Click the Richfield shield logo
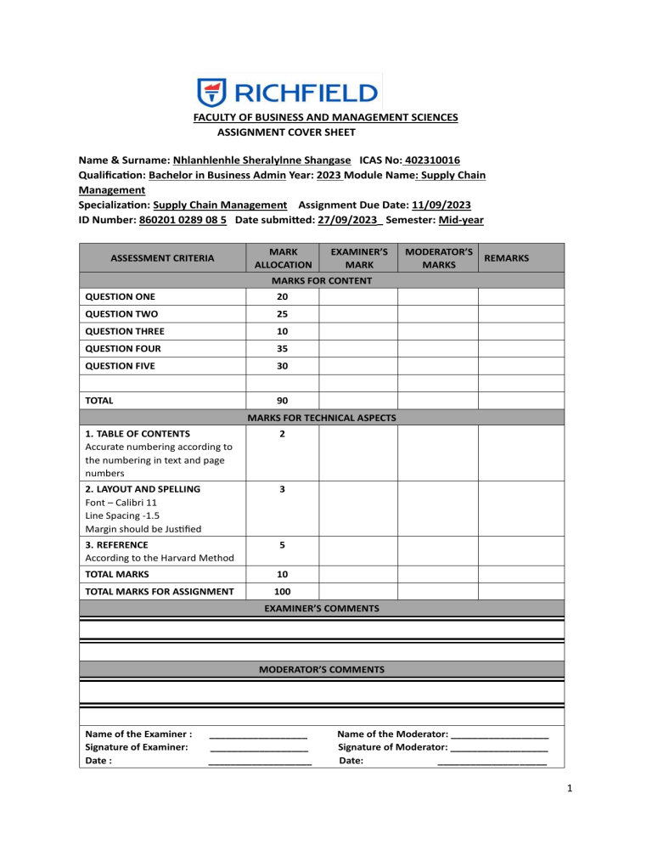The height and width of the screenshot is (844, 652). (x=211, y=92)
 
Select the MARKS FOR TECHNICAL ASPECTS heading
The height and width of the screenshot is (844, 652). (x=321, y=417)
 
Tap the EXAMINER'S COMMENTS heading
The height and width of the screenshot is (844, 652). (x=321, y=609)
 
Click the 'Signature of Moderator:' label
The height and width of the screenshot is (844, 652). (x=392, y=747)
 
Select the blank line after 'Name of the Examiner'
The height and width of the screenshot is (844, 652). (x=258, y=734)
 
